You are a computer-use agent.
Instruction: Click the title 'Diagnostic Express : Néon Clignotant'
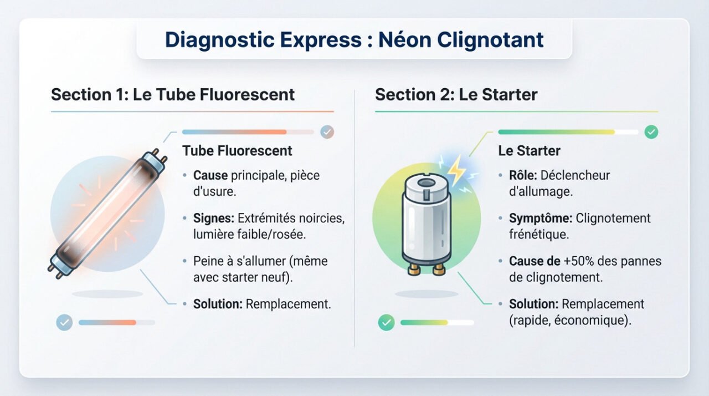pos(354,40)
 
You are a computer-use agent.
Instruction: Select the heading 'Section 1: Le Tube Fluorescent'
pos(173,94)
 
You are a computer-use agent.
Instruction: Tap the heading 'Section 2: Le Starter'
pos(456,94)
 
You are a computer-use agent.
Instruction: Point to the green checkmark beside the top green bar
pos(651,132)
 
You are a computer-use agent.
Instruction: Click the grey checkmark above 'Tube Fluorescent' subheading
pos(327,132)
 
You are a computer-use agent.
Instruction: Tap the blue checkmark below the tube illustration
pos(64,322)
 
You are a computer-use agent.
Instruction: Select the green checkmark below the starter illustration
pos(386,322)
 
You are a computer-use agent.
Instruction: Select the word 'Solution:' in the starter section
pos(533,304)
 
